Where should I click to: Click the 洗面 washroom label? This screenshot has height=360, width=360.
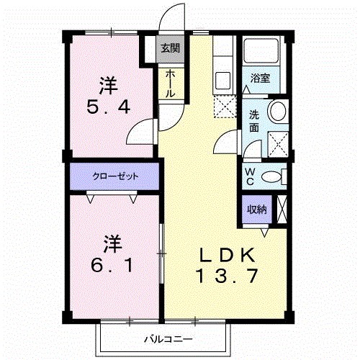click(x=255, y=121)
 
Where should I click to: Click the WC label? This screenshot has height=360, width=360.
click(x=250, y=177)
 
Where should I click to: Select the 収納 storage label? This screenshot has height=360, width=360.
click(x=257, y=210)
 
